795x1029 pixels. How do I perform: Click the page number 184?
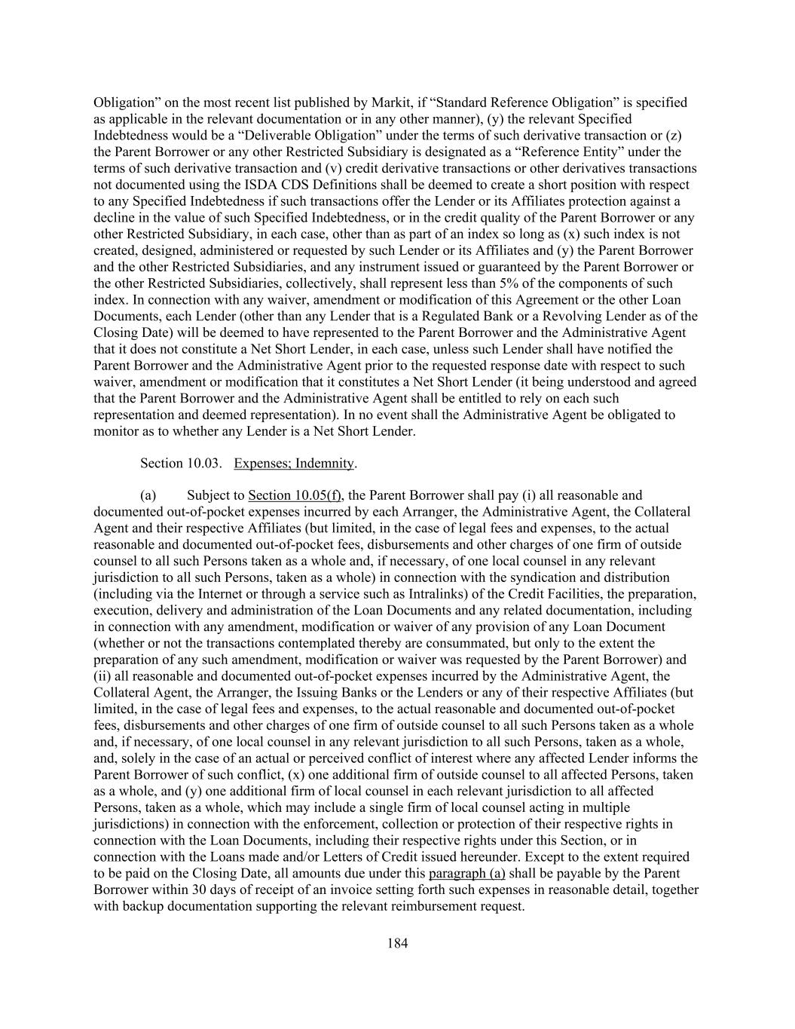point(397,943)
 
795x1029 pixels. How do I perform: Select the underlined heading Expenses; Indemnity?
point(294,464)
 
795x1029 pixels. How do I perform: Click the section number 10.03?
point(203,464)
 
